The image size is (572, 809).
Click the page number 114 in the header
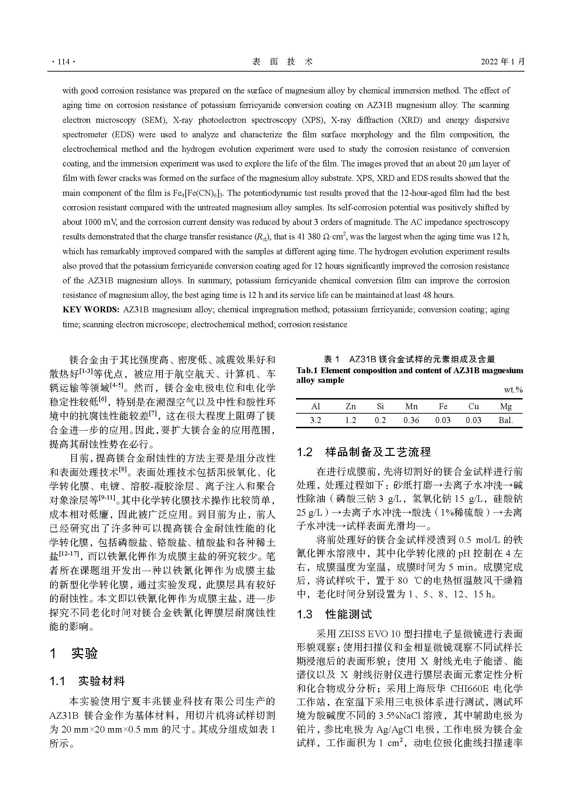63,62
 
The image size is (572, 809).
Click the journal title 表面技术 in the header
283,62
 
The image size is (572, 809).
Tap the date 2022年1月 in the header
502,62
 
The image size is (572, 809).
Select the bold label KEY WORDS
91,310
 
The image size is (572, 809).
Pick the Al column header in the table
316,406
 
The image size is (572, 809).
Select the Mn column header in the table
411,406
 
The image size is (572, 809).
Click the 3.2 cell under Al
316,420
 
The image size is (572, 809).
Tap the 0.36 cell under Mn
411,420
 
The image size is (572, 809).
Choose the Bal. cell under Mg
506,420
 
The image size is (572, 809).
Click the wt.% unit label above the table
513,390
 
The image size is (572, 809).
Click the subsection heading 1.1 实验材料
87,681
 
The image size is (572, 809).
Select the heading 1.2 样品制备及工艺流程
364,452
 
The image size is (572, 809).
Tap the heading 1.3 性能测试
334,614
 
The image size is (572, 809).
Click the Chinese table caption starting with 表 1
409,359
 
